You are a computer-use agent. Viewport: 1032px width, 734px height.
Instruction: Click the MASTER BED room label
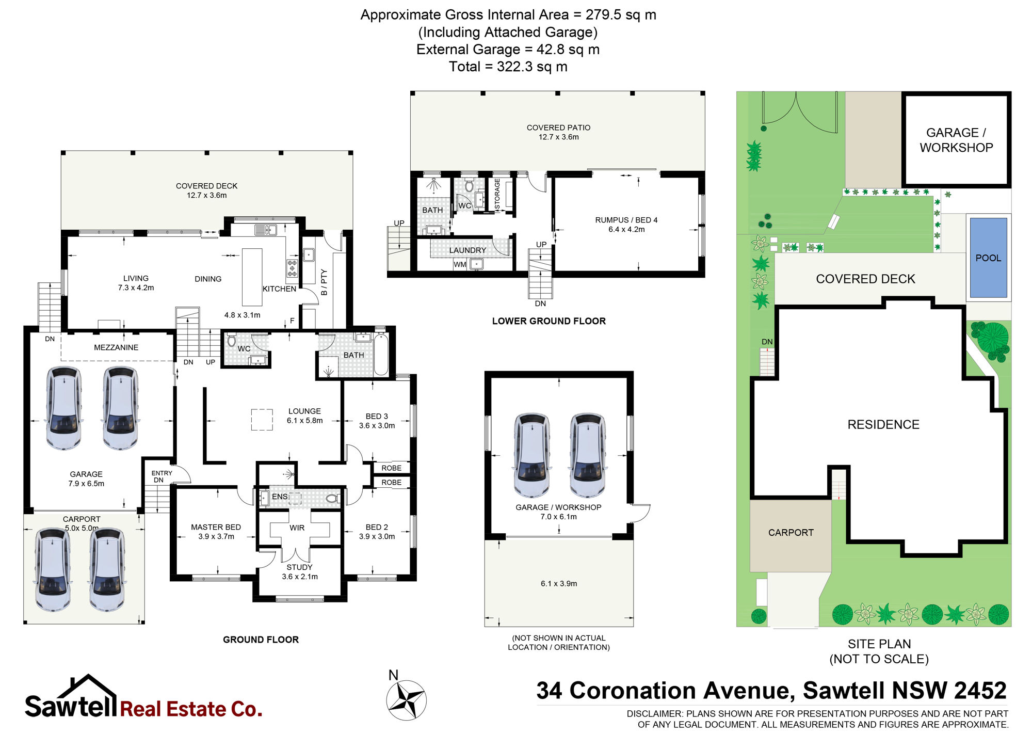coord(216,527)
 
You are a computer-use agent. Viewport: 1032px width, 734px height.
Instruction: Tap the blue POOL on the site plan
coord(988,258)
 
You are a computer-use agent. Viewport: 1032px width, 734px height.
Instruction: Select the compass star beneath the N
coord(407,700)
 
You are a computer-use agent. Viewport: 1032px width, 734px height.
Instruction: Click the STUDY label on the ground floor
coord(299,567)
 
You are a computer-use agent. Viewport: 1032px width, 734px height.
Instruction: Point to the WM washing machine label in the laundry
coord(460,265)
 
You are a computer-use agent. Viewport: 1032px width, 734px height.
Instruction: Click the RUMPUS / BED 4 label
coord(626,220)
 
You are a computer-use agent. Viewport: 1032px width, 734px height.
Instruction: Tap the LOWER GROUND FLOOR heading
coord(549,321)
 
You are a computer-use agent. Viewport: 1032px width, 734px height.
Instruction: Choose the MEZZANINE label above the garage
coord(116,347)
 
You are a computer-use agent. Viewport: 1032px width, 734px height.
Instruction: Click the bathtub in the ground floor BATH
coord(381,355)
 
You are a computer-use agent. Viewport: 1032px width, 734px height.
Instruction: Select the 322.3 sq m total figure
coord(532,67)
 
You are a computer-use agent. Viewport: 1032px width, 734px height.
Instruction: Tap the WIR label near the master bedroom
coord(297,528)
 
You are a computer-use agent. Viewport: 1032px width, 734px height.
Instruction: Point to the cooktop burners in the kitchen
coord(293,268)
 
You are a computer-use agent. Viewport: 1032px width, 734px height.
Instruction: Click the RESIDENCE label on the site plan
coord(883,424)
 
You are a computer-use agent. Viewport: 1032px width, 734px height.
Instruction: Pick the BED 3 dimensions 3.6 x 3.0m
coord(377,426)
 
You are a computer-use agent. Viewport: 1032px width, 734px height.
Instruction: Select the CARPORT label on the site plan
coord(791,533)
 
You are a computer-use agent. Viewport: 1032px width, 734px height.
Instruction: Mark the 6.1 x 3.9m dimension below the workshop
coord(559,583)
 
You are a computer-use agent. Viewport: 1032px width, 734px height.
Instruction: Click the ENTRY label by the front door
coord(162,473)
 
